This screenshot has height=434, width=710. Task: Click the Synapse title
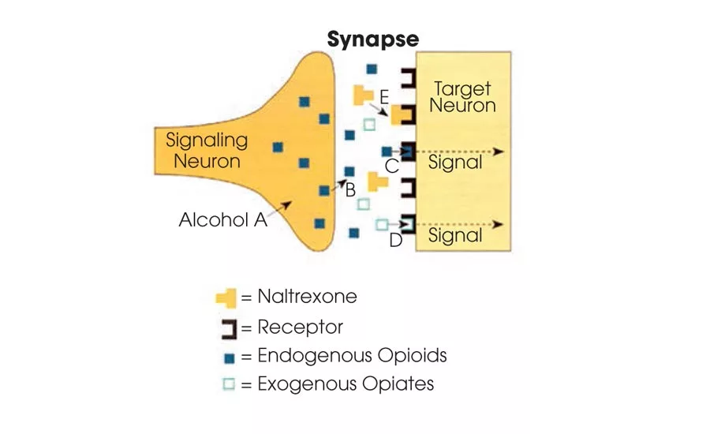(373, 39)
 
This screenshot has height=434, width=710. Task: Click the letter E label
(384, 97)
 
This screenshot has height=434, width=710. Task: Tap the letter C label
(392, 166)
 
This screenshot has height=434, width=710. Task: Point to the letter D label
(396, 241)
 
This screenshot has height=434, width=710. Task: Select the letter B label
(350, 189)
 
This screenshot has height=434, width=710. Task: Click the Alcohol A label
(223, 220)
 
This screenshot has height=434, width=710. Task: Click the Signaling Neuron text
(207, 151)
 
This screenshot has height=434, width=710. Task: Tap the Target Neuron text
(462, 97)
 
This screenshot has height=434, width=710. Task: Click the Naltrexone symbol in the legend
(226, 297)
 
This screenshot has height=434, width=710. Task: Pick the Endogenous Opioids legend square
(230, 357)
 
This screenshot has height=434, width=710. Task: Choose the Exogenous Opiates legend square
(230, 385)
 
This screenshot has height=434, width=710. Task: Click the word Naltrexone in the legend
(307, 297)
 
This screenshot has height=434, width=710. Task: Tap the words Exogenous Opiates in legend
(346, 384)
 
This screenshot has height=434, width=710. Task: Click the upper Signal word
(455, 163)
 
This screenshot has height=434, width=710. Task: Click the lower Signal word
(455, 235)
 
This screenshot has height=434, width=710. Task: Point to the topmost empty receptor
(408, 78)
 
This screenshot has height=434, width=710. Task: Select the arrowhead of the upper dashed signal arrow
(499, 152)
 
